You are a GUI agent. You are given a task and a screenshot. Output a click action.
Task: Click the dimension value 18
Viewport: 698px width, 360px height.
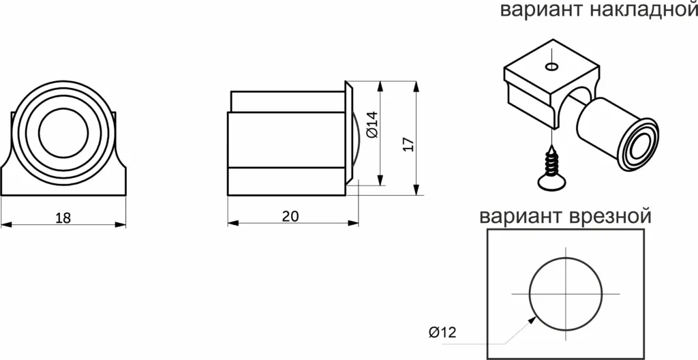click(x=63, y=217)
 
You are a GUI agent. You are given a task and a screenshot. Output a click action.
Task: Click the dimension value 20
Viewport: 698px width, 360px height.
click(x=290, y=216)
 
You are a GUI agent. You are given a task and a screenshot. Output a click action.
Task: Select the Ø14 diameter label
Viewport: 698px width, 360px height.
click(x=372, y=125)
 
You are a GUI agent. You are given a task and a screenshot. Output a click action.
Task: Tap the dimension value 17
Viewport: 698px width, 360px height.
click(x=408, y=144)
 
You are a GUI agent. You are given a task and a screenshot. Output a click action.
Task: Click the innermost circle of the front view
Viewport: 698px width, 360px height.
click(x=63, y=132)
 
